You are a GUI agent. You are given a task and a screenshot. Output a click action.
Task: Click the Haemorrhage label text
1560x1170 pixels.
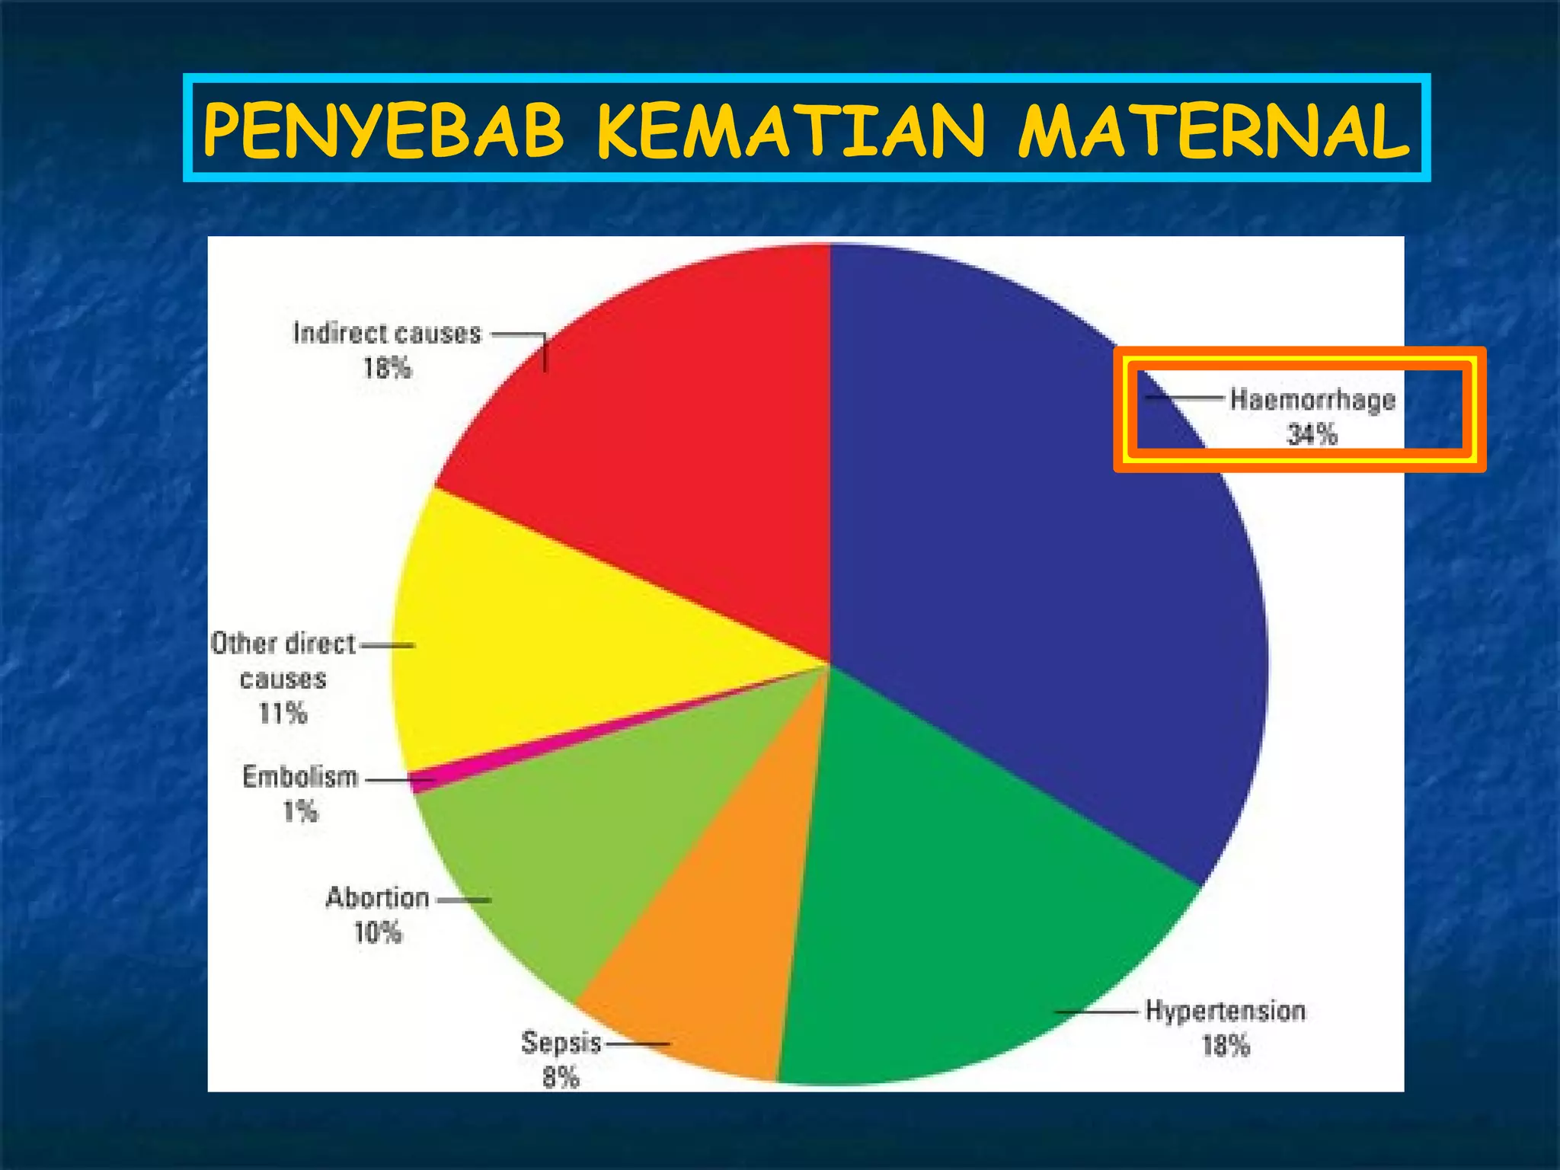(1312, 400)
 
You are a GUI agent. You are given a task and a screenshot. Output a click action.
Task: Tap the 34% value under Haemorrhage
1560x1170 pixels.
(1312, 435)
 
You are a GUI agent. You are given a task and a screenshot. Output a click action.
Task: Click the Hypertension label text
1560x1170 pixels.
(1226, 1011)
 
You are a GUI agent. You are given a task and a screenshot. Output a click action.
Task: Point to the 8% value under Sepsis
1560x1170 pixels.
(561, 1077)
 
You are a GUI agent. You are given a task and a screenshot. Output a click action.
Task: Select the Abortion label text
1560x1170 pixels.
(378, 898)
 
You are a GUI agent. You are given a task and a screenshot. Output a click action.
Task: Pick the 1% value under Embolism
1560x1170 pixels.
(300, 811)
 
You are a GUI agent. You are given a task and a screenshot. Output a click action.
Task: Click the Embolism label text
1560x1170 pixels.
(300, 777)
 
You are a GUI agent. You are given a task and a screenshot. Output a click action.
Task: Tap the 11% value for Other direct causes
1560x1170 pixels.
(283, 714)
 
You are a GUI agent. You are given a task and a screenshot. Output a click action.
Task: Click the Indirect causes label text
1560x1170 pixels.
(388, 334)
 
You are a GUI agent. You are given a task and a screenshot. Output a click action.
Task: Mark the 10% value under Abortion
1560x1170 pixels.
(378, 932)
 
